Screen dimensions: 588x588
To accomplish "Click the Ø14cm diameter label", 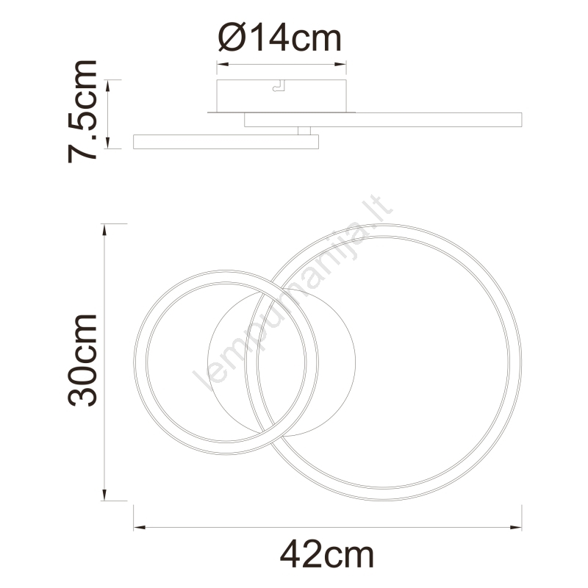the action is pyautogui.click(x=280, y=37).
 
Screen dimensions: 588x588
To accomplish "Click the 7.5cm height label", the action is pyautogui.click(x=82, y=112).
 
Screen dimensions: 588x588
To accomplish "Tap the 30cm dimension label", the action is pyautogui.click(x=82, y=360).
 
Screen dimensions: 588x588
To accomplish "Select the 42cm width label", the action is pyautogui.click(x=327, y=555).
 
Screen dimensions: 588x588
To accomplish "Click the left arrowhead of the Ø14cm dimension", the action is pyautogui.click(x=223, y=64).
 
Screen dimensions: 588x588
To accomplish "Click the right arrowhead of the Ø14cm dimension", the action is pyautogui.click(x=340, y=64).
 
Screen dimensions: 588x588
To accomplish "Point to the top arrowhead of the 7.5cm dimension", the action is pyautogui.click(x=107, y=85).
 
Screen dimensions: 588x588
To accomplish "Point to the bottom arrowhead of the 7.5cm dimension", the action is pyautogui.click(x=107, y=143).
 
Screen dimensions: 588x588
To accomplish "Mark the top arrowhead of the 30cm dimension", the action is pyautogui.click(x=104, y=230).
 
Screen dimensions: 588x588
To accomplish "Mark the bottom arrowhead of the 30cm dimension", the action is pyautogui.click(x=104, y=495).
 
